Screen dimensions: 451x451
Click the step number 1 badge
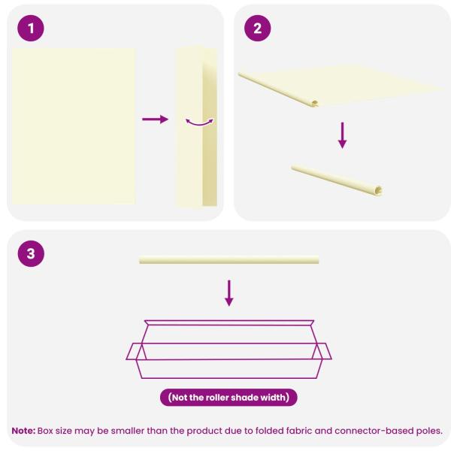(x=31, y=29)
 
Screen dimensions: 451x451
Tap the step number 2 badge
(x=257, y=29)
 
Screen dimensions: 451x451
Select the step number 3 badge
(x=31, y=254)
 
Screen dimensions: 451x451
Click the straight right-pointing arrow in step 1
(x=156, y=119)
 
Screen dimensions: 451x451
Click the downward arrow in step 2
(x=342, y=135)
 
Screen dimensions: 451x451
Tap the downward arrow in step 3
(x=229, y=293)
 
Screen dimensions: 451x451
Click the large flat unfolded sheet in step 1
(x=74, y=126)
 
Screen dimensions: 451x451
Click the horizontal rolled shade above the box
(x=229, y=259)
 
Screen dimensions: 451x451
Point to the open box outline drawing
(x=229, y=350)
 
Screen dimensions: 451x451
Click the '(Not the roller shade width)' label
(x=229, y=398)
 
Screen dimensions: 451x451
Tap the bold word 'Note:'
(x=23, y=431)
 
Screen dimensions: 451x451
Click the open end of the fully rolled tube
(x=378, y=190)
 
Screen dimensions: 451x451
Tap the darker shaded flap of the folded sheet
(x=210, y=134)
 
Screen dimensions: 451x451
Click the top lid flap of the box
(x=229, y=322)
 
